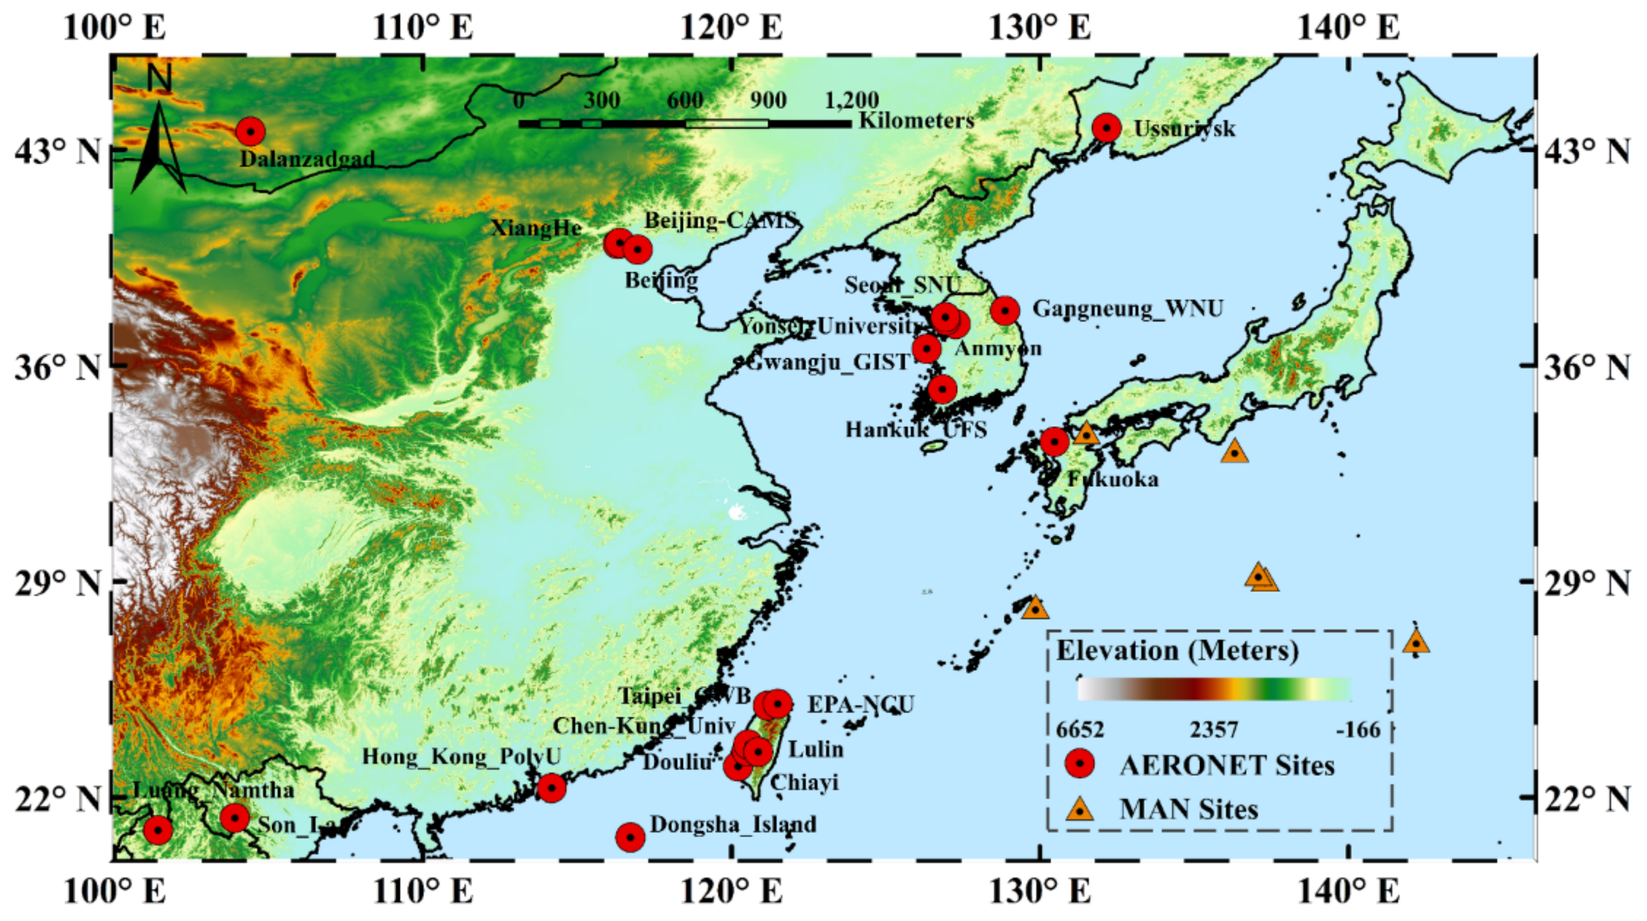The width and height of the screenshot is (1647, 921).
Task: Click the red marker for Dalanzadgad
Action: point(250,132)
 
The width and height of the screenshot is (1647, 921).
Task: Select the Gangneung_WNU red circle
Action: point(1005,311)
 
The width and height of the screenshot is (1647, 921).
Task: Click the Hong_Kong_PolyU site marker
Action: point(552,788)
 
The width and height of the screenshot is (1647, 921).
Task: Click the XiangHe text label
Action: point(536,228)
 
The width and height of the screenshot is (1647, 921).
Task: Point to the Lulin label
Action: point(816,749)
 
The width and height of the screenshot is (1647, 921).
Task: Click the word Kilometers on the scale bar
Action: point(915,120)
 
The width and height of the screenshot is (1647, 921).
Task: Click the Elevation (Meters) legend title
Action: point(1177,651)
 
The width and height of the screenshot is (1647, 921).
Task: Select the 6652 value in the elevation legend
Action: point(1080,729)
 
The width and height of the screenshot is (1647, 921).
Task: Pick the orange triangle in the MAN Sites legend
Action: point(1080,809)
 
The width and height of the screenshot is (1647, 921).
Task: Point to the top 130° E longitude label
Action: point(1039,27)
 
